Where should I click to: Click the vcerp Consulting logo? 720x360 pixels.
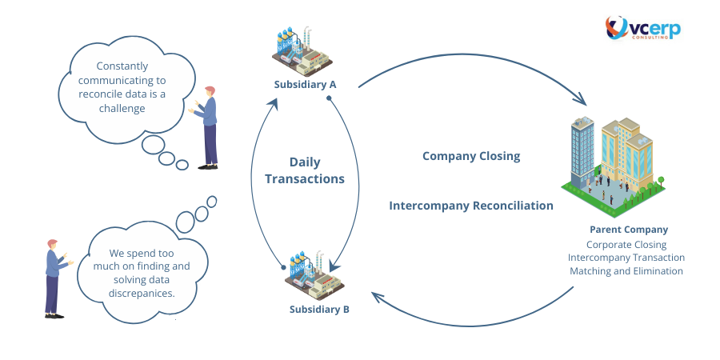pos(643,28)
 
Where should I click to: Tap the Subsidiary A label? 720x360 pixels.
pos(306,85)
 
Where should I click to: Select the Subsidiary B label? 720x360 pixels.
pos(319,310)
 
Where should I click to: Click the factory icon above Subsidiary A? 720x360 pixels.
pos(302,51)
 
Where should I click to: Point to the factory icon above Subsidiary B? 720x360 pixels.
pos(314,275)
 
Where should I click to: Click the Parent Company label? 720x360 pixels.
pos(629,230)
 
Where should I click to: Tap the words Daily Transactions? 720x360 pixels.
pos(305,170)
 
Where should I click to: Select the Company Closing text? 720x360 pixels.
pos(471,156)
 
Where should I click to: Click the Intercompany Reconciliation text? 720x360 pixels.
pos(471,206)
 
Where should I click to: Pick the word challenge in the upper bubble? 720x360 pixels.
pos(122,108)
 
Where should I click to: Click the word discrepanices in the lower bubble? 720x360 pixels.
pos(142,294)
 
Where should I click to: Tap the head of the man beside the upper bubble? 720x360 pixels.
pos(210,91)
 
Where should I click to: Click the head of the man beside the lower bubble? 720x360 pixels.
pos(52,244)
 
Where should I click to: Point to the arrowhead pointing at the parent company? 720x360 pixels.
pos(582,98)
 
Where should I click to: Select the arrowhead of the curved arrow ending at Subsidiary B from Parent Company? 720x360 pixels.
pos(378,296)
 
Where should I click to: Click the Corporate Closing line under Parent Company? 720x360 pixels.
pos(626,245)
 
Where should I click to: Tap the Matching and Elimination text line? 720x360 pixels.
pos(626,271)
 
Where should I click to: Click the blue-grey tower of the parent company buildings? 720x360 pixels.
pos(582,150)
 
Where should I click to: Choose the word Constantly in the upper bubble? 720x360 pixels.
pos(122,66)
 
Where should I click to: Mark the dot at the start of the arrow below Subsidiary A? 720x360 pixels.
pos(329,98)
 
